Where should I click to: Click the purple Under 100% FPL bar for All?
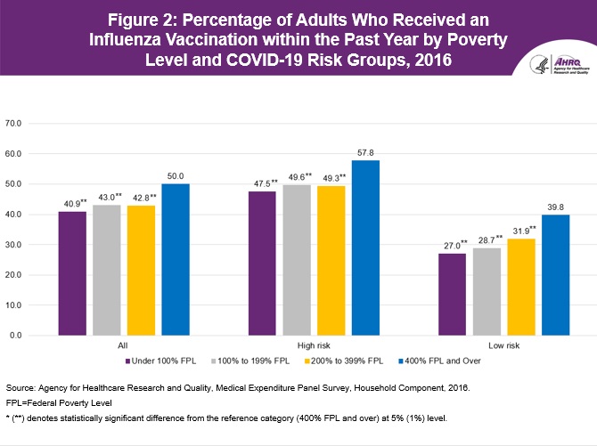coord(72,273)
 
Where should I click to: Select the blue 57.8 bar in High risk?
coord(365,247)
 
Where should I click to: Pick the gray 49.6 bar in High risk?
coord(297,260)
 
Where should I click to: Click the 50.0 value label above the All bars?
coord(175,176)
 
